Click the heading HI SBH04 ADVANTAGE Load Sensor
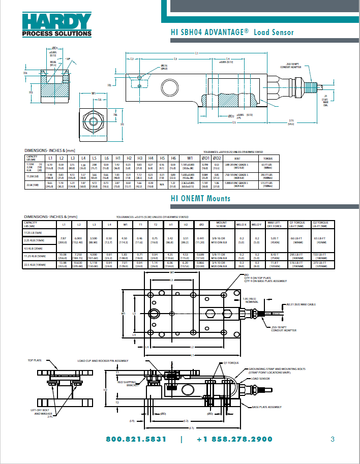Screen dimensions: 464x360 [232, 33]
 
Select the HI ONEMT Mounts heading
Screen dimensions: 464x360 [200, 198]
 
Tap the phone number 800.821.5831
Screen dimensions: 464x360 [136, 439]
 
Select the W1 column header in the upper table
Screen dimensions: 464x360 [189, 159]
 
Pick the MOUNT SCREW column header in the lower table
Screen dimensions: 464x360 [221, 224]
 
